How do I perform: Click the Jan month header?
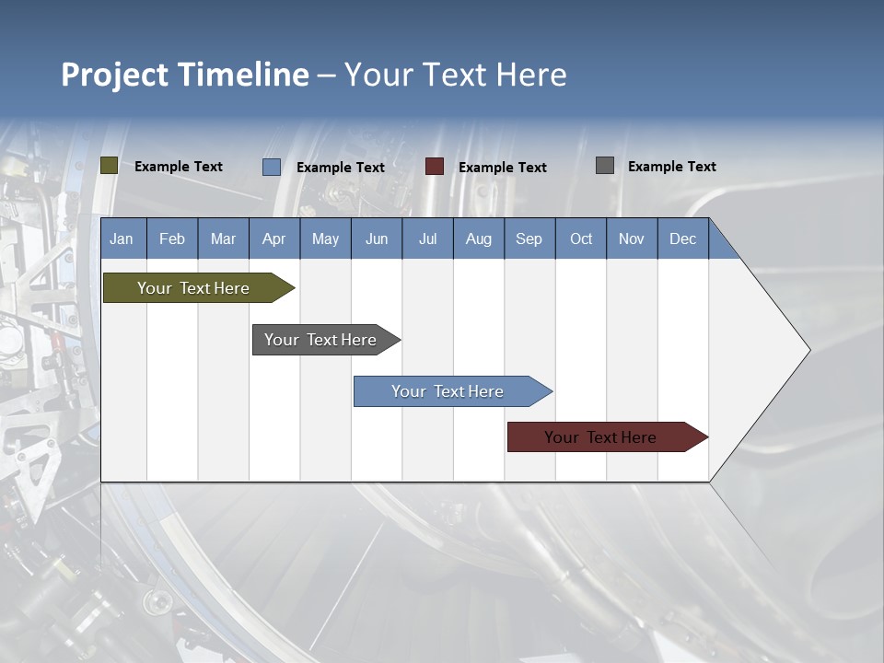coord(122,238)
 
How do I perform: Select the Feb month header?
coord(172,238)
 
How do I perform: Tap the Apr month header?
coord(273,238)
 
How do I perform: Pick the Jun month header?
coord(376,238)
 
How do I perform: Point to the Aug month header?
coord(478,238)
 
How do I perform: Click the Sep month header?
coord(529,238)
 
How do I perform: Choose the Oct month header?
coord(581,238)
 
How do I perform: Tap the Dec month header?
coord(682,238)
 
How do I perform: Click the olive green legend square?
coord(109,166)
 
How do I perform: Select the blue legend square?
coord(271,167)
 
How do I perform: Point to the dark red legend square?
coord(434,167)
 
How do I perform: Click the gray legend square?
coord(604,166)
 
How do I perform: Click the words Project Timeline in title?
coord(184,75)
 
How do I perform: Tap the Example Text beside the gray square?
coord(671,167)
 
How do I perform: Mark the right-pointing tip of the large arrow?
coord(808,350)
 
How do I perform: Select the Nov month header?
coord(631,238)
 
